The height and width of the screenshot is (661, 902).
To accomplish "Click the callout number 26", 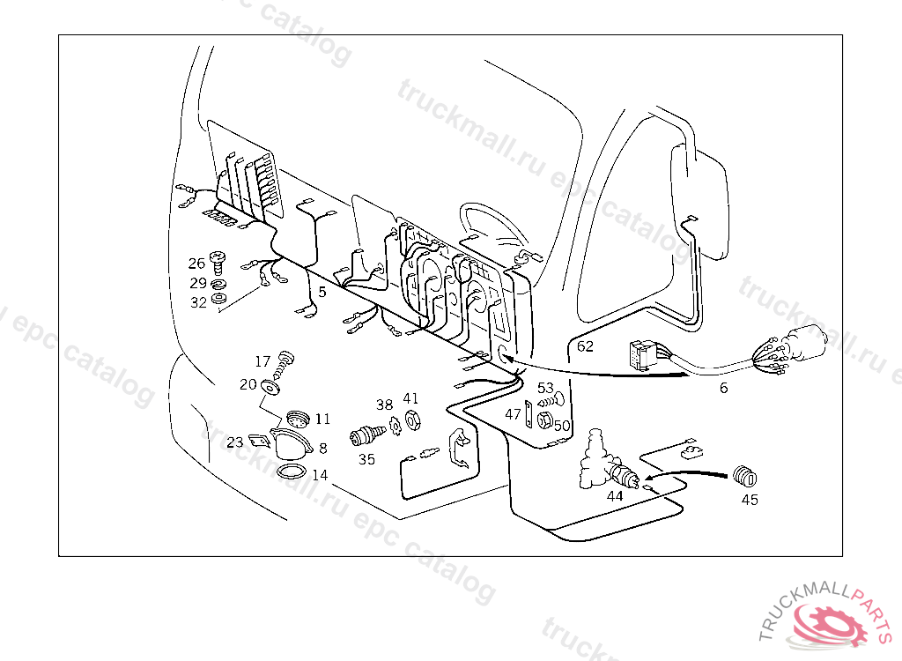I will click(x=196, y=263).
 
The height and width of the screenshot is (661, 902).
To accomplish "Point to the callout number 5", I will click(x=322, y=291).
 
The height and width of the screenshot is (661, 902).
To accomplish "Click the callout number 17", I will click(x=262, y=361).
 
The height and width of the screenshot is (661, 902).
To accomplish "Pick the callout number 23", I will click(x=234, y=442).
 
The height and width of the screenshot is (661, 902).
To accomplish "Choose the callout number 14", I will click(x=320, y=475).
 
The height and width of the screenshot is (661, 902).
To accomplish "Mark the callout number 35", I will click(x=366, y=458).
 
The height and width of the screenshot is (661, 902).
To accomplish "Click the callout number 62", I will click(x=585, y=346).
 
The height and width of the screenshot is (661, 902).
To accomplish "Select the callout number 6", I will click(x=724, y=387).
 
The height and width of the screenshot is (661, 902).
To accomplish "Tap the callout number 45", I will click(x=750, y=500).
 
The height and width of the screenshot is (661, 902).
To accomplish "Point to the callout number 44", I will click(x=615, y=496).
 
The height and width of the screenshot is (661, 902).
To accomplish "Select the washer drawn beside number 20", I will click(x=275, y=384).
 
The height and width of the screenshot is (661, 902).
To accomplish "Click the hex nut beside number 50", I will click(x=544, y=420).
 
